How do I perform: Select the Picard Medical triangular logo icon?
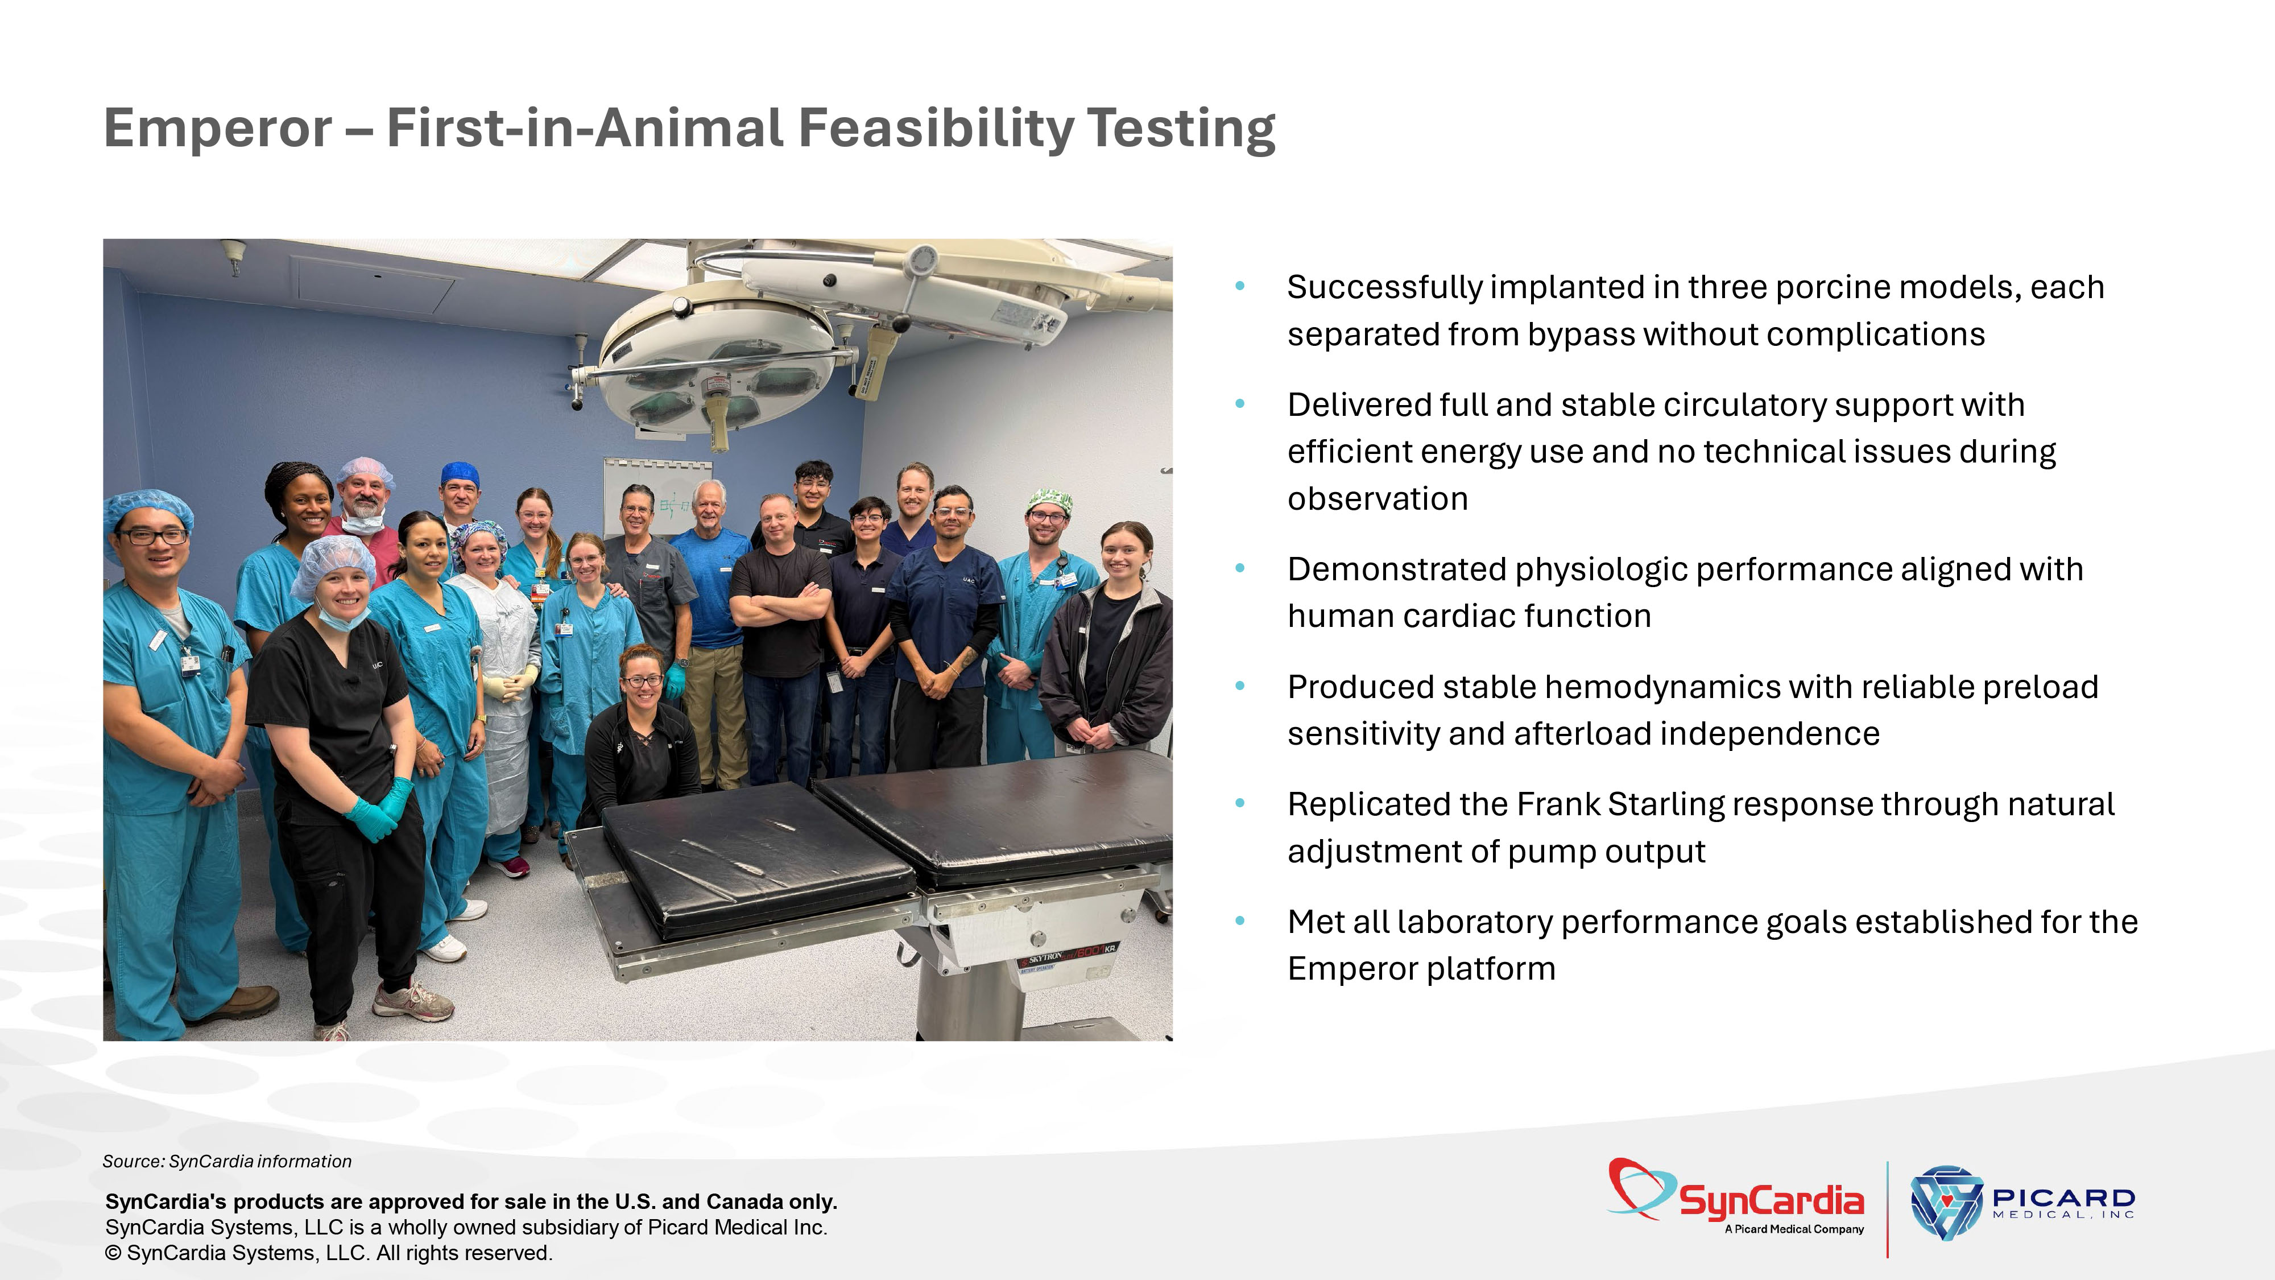click(1946, 1202)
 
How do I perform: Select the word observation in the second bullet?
click(1378, 499)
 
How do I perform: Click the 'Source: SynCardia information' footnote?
click(227, 1161)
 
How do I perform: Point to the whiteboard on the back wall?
click(658, 499)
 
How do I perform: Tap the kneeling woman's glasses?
click(642, 681)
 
